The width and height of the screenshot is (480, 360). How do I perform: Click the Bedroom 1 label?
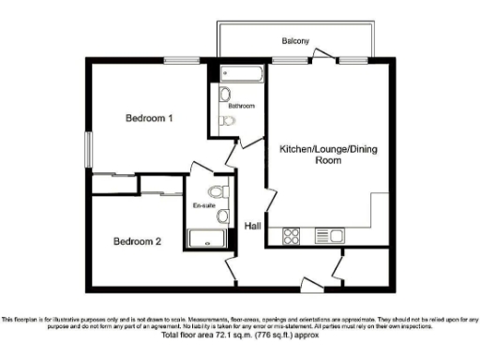coord(150,118)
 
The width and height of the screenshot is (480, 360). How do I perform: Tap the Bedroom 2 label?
coord(138,242)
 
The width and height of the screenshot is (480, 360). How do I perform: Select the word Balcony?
coord(296,42)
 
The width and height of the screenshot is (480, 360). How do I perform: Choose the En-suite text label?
coord(204,205)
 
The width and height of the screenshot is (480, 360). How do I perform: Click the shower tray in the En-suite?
coord(210,238)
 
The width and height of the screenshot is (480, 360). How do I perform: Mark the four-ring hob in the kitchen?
coord(292,235)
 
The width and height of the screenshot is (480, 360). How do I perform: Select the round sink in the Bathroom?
coord(226,94)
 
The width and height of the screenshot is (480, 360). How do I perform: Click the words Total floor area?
coord(188,335)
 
